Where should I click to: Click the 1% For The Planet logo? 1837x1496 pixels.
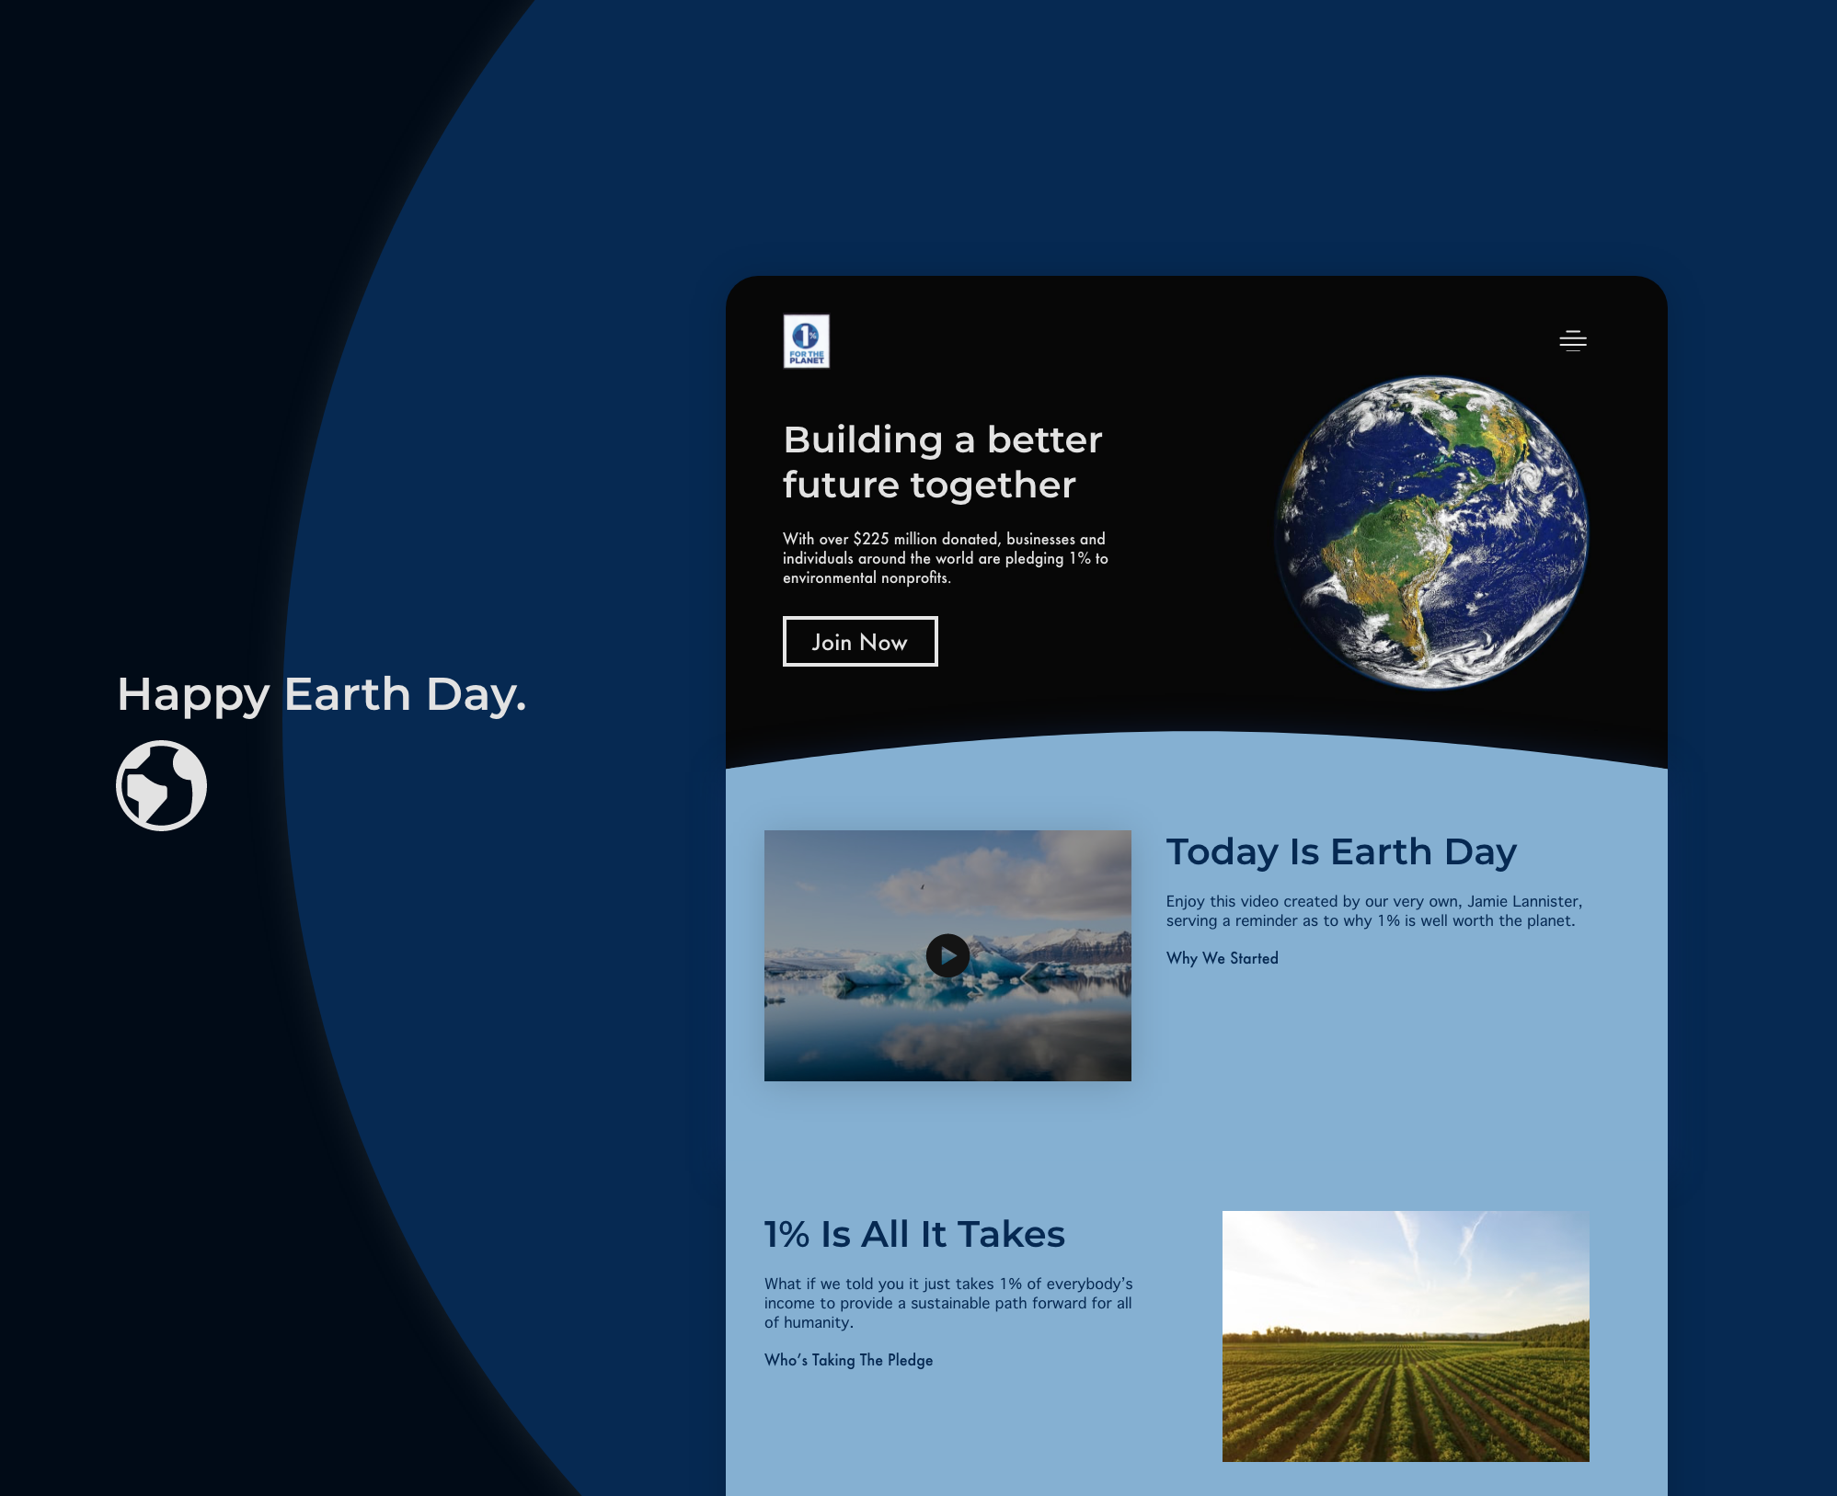[806, 341]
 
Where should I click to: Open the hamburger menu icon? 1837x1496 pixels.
[1573, 340]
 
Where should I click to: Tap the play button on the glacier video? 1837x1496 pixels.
[947, 955]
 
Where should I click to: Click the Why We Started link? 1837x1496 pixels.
[1222, 958]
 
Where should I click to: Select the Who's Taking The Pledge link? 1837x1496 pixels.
[848, 1360]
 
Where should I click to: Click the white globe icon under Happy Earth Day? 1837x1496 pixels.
[161, 785]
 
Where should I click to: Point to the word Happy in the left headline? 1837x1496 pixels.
[193, 696]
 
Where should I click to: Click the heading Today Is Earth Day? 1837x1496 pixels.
[1341, 852]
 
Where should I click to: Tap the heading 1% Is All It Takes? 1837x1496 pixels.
[914, 1234]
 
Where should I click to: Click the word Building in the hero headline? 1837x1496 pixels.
[863, 441]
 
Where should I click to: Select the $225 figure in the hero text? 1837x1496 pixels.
[870, 539]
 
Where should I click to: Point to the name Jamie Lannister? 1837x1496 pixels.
[1524, 901]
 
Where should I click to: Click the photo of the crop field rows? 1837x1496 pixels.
[1406, 1336]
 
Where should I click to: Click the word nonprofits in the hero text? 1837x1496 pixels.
[915, 578]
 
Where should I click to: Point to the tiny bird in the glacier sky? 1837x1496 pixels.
[922, 886]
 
